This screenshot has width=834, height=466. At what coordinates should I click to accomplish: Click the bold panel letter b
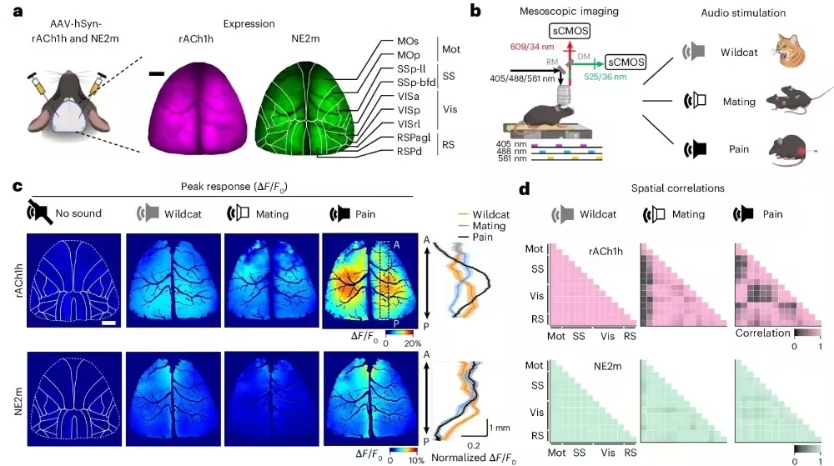pyautogui.click(x=475, y=11)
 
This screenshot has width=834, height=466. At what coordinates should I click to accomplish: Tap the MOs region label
pyautogui.click(x=408, y=42)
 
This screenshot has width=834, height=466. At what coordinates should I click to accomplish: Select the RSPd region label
pyautogui.click(x=409, y=152)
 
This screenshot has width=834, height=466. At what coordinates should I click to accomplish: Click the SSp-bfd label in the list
pyautogui.click(x=416, y=83)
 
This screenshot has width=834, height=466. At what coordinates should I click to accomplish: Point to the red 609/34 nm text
pyautogui.click(x=532, y=47)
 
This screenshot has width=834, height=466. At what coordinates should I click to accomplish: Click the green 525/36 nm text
pyautogui.click(x=605, y=77)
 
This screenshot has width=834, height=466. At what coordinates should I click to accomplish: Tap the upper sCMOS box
pyautogui.click(x=570, y=31)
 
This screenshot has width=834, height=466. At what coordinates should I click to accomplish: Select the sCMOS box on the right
pyautogui.click(x=626, y=63)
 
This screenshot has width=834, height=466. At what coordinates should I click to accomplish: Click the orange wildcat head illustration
pyautogui.click(x=790, y=51)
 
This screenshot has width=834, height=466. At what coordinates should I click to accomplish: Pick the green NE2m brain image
pyautogui.click(x=305, y=106)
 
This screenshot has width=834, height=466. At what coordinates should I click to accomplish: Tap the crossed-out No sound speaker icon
pyautogui.click(x=40, y=213)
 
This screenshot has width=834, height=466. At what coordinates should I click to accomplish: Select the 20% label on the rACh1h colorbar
pyautogui.click(x=413, y=343)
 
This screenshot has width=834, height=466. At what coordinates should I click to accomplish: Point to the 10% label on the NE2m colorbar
pyautogui.click(x=416, y=460)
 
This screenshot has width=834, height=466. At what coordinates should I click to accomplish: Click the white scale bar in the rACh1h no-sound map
pyautogui.click(x=108, y=323)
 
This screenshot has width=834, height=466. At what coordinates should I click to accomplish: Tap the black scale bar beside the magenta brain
pyautogui.click(x=157, y=74)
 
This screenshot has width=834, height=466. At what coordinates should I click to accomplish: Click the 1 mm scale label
pyautogui.click(x=500, y=428)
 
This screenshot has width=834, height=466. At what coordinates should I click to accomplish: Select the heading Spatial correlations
pyautogui.click(x=677, y=188)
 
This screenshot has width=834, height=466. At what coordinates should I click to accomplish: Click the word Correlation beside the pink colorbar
pyautogui.click(x=763, y=333)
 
